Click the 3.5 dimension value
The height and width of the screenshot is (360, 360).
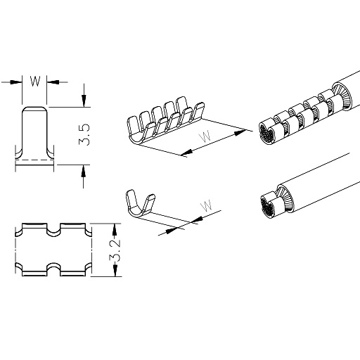(84, 135)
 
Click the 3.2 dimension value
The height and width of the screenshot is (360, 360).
(115, 251)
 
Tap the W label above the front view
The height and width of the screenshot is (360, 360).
(35, 82)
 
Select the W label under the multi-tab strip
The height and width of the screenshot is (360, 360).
(205, 137)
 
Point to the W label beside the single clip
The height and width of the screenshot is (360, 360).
(206, 205)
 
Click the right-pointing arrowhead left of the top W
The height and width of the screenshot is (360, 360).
(16, 82)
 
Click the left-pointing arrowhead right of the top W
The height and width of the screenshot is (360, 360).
(53, 82)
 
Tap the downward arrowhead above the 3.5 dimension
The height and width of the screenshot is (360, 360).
(84, 101)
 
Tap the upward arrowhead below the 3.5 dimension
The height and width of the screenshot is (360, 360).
(84, 171)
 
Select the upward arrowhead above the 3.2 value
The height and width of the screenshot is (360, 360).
(114, 230)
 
